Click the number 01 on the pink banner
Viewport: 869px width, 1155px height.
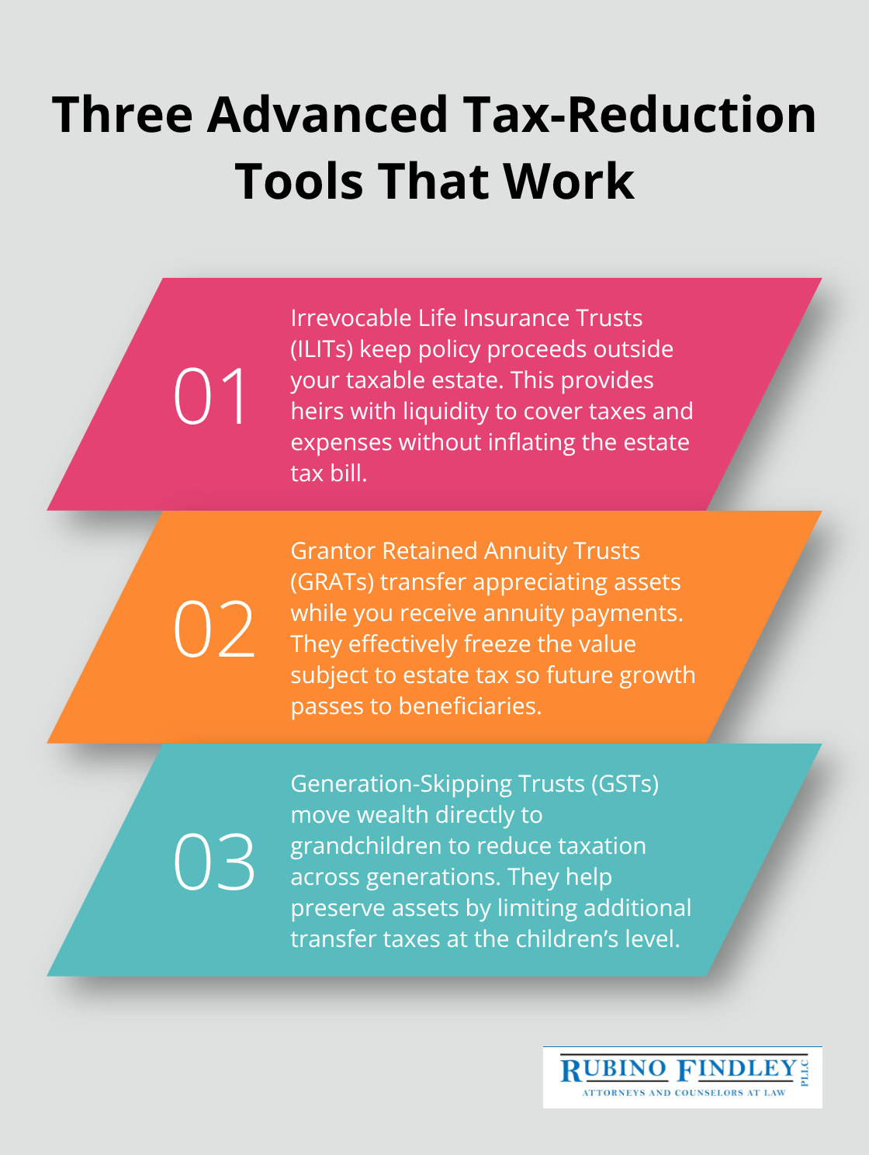coord(211,396)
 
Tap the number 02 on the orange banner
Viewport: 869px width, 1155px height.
coord(213,629)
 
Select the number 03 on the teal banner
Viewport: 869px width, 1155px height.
coord(213,862)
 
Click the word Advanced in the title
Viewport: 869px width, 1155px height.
coord(327,115)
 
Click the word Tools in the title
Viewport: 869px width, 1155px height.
coord(299,182)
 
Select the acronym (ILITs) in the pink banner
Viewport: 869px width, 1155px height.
coord(322,349)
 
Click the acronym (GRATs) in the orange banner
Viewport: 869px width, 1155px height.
coord(332,582)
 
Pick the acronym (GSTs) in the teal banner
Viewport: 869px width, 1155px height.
coord(625,784)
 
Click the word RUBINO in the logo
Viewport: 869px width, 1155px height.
coord(613,1070)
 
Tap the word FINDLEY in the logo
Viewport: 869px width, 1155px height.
coord(737,1069)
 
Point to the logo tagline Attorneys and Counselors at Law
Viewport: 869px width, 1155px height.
coord(684,1092)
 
